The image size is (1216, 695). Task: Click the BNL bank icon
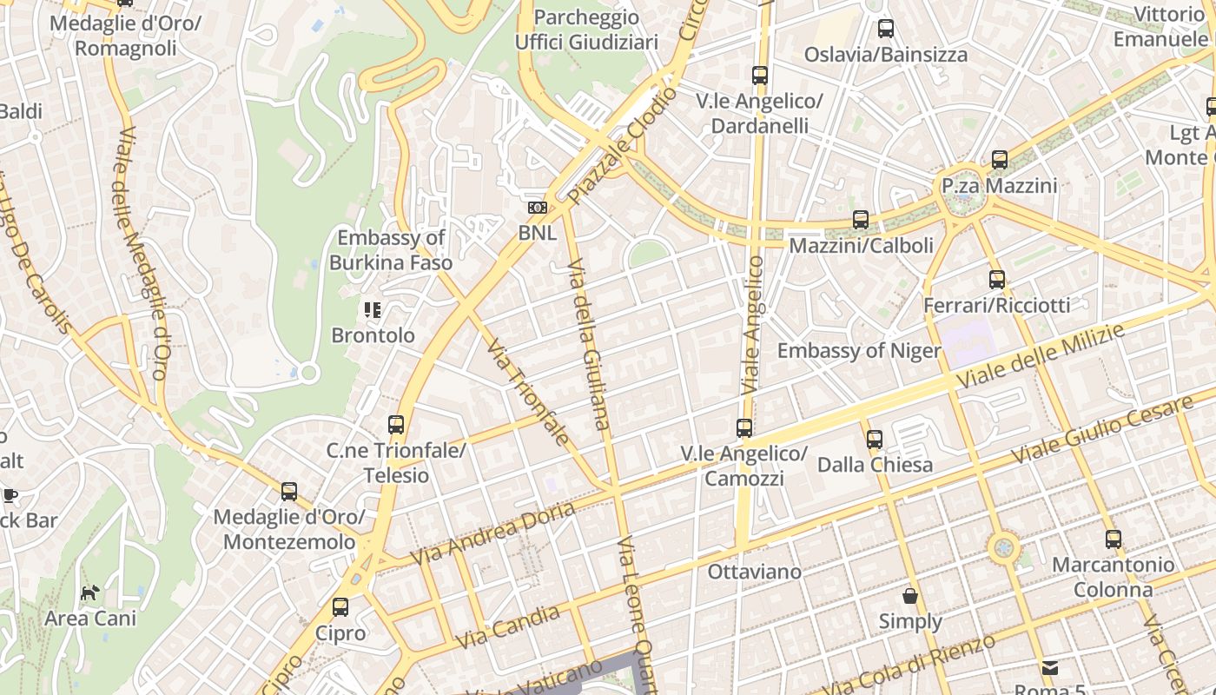point(538,208)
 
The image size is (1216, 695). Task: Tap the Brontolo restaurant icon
point(373,310)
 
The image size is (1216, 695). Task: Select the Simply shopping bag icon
point(909,596)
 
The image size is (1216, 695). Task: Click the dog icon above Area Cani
point(90,593)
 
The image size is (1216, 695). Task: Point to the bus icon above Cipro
point(340,607)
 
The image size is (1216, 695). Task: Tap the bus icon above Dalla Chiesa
point(874,440)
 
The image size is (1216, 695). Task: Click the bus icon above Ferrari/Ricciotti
point(996,280)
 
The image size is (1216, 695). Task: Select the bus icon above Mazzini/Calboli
point(860,220)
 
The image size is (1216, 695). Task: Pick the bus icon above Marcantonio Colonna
point(1113,539)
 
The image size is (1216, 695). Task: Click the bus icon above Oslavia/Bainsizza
point(885,29)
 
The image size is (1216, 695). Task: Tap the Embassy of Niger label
point(858,351)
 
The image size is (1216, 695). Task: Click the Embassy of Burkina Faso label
point(391,250)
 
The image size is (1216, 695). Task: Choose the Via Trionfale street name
point(529,393)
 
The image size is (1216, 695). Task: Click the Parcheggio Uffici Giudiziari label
point(586,30)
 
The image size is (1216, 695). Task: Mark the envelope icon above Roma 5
point(1050,668)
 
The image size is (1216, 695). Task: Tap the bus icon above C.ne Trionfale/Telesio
point(396,425)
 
